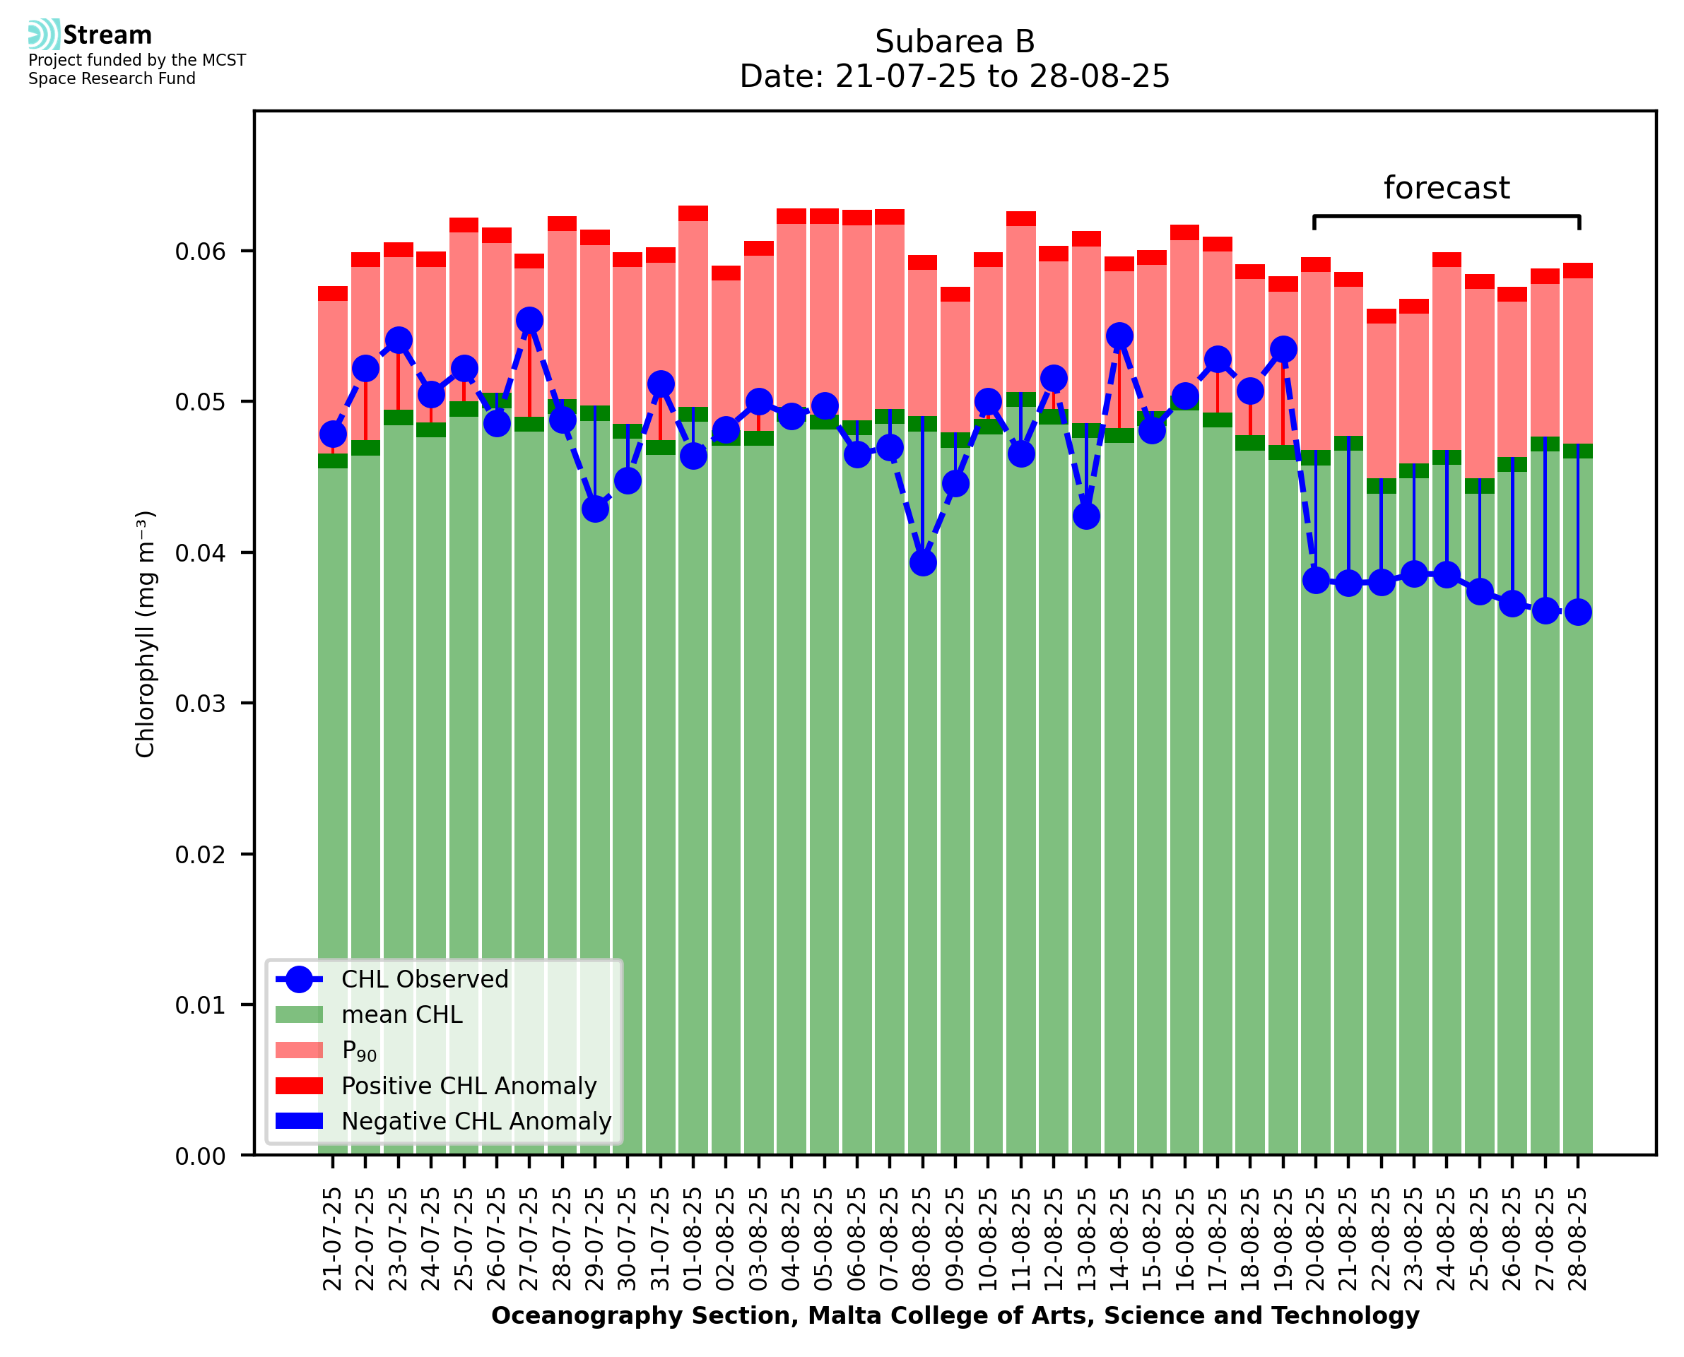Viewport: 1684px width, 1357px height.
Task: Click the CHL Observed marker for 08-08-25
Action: pos(922,563)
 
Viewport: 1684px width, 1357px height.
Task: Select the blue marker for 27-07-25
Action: pos(529,321)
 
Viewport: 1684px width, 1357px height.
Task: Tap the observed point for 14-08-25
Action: pos(1119,336)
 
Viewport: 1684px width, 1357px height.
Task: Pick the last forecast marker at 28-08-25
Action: pos(1578,612)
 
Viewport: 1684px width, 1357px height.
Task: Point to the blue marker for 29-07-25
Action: pos(595,509)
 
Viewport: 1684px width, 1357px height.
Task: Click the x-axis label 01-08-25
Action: pos(693,1239)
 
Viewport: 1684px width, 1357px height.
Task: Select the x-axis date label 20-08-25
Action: pos(1316,1239)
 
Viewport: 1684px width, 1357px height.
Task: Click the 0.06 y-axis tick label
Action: pos(199,251)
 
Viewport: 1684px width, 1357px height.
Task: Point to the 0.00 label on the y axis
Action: pos(199,1156)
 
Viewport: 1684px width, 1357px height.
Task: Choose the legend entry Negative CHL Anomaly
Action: pos(476,1121)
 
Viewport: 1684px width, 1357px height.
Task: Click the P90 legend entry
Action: pos(359,1050)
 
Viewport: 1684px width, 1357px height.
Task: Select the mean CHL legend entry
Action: pos(402,1014)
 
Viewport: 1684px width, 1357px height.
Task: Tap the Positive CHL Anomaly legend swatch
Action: pos(300,1086)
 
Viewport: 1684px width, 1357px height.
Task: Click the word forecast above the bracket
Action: pos(1447,189)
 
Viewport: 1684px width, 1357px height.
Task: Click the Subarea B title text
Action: pos(955,42)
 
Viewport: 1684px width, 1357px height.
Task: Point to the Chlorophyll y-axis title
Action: pos(146,634)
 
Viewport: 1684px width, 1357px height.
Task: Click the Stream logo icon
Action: pos(44,35)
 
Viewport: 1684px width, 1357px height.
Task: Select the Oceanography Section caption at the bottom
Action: pos(955,1315)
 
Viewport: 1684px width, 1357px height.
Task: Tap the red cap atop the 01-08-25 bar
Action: pos(693,213)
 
